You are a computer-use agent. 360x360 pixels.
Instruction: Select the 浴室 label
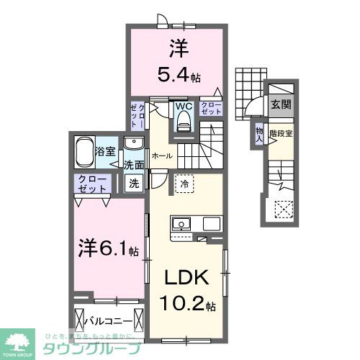point(106,151)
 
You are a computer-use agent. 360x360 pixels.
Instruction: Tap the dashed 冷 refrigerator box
point(184,184)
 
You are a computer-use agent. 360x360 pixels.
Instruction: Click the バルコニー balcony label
point(110,319)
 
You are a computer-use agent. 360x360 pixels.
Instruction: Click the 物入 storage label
point(259,132)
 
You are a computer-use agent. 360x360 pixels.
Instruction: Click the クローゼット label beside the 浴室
point(94,183)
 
